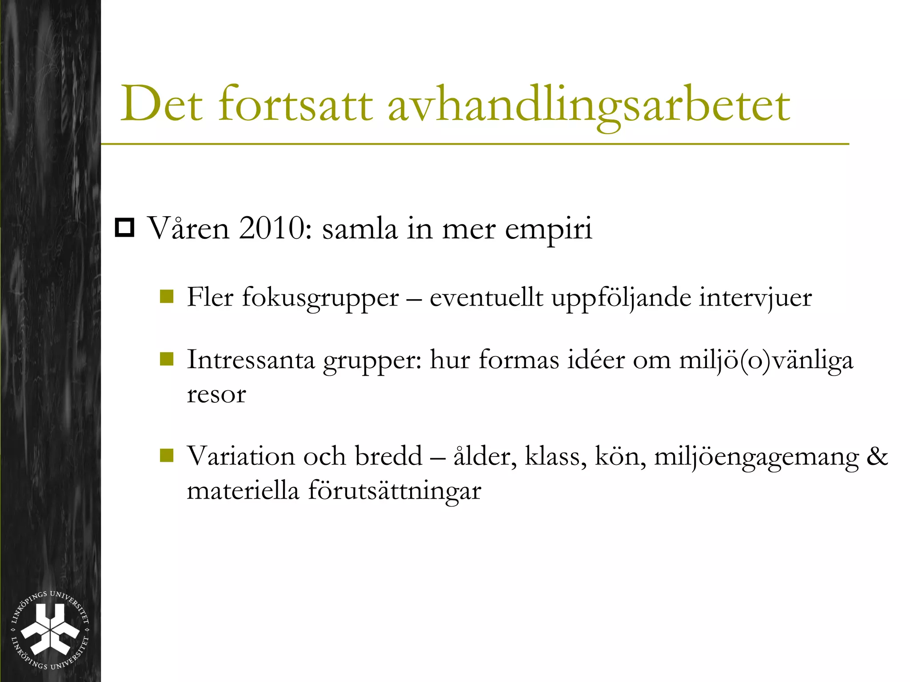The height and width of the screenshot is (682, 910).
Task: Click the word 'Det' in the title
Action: (162, 104)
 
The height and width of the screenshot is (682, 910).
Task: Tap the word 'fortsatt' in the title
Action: (295, 104)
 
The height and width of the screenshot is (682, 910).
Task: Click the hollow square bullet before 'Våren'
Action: (124, 228)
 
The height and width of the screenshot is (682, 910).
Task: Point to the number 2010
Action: (275, 228)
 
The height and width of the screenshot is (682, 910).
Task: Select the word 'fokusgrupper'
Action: (320, 298)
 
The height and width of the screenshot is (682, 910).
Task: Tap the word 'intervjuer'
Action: (755, 298)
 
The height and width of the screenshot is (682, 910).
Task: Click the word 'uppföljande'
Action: (621, 298)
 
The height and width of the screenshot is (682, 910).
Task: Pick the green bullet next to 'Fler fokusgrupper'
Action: (167, 296)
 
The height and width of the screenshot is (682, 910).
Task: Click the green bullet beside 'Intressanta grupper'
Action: (167, 358)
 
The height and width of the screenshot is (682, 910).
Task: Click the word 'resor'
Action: (216, 394)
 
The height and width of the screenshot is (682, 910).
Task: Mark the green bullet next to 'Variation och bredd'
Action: (167, 455)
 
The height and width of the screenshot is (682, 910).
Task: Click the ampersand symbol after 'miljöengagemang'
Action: (877, 456)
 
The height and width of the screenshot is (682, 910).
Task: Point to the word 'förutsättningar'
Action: (395, 491)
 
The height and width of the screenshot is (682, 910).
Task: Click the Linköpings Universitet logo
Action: (50, 630)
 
